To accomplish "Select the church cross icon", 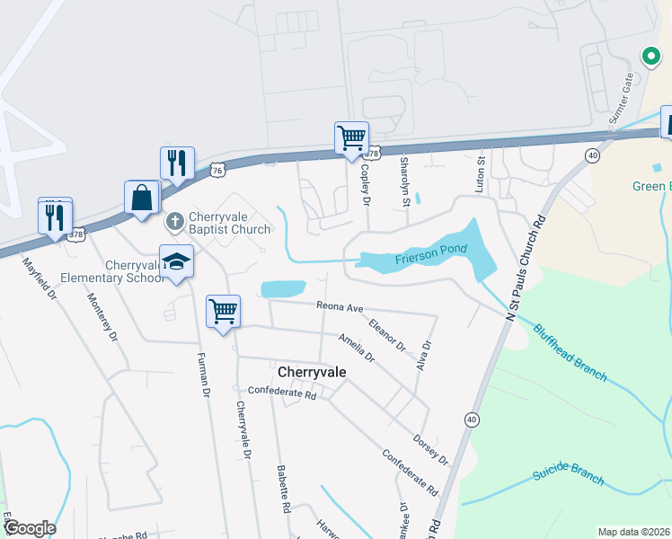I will click(x=177, y=219).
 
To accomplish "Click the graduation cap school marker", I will click(x=177, y=261).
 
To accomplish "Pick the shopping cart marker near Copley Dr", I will click(x=351, y=138).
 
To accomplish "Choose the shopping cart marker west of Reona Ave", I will click(x=224, y=312).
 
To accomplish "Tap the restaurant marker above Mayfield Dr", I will click(x=55, y=216).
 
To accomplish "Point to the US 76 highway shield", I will click(x=217, y=170).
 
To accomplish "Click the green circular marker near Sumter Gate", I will click(x=650, y=57).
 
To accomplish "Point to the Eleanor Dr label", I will click(x=388, y=332).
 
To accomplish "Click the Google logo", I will click(x=29, y=528).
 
